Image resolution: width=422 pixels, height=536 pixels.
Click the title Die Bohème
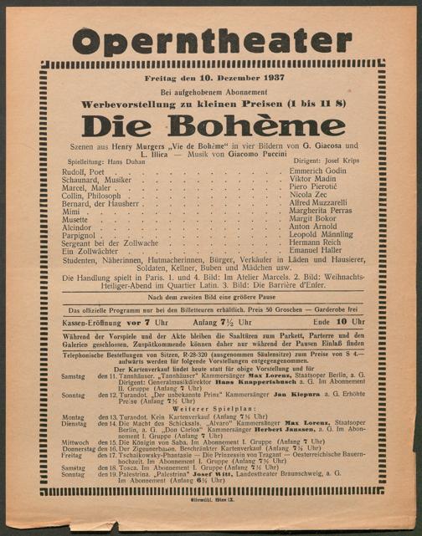click(210, 125)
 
